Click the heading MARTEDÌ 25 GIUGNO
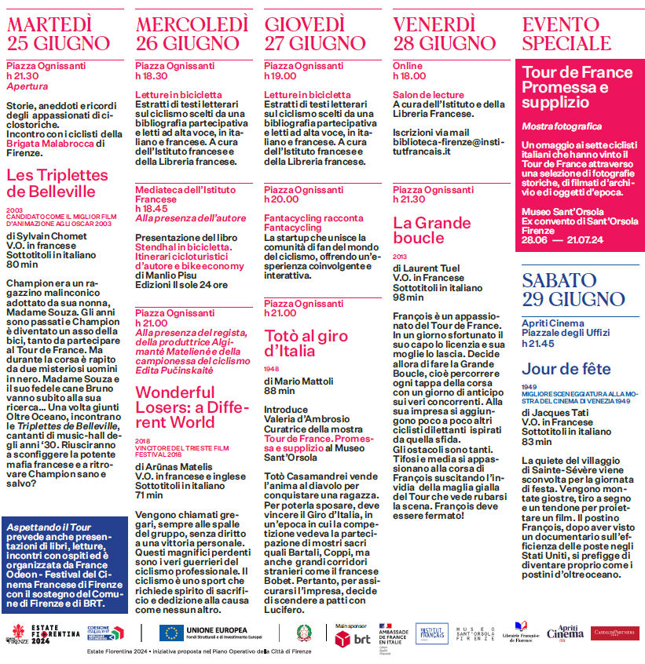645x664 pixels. pos(58,33)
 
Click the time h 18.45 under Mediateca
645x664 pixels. pos(152,209)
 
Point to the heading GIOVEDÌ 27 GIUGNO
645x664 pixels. pos(314,33)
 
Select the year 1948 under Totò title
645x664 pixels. pos(272,368)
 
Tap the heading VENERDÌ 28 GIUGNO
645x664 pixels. pos(445,33)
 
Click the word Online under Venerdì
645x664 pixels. pos(408,66)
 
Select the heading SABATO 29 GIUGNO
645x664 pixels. pos(574,289)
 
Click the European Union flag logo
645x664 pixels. pos(171,633)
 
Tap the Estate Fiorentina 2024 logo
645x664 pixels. pos(46,633)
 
